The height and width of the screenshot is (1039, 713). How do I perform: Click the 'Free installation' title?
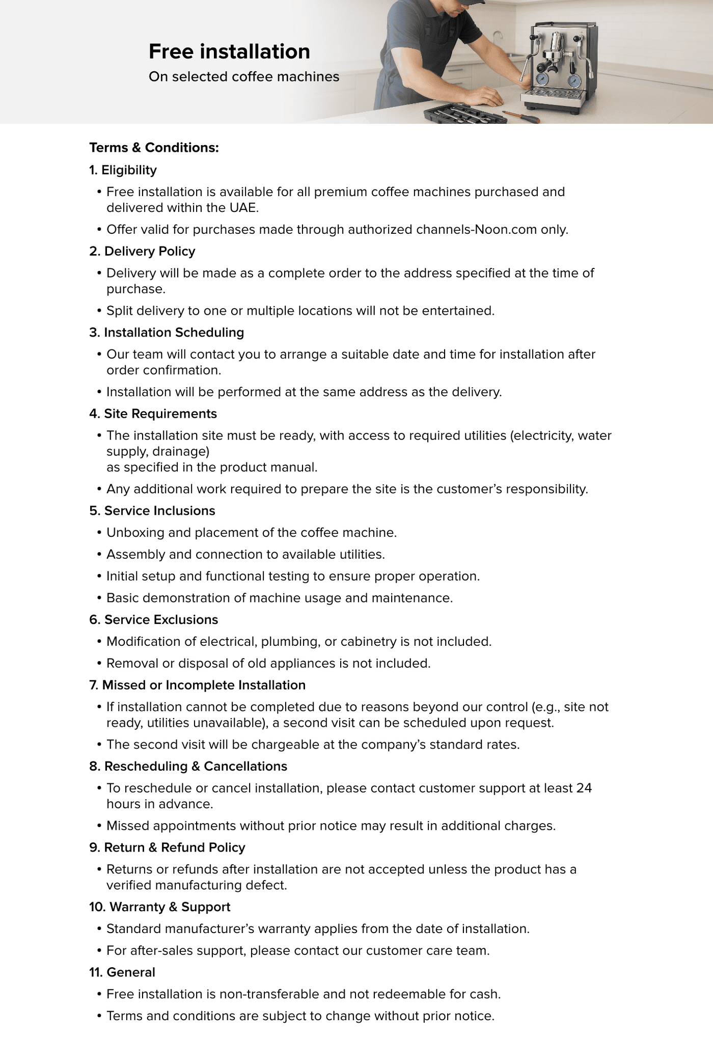pos(229,51)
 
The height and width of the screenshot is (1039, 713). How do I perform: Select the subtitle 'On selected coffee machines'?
pos(244,76)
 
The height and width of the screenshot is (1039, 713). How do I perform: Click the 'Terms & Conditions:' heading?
pos(154,148)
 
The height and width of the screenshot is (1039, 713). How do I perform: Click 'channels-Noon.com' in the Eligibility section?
pos(477,230)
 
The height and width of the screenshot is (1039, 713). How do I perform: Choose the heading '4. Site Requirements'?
pos(153,414)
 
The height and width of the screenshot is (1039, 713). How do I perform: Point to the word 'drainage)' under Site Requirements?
pos(181,452)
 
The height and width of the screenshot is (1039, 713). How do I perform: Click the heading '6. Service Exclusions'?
pos(153,620)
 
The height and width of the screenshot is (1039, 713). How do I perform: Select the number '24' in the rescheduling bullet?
pos(584,788)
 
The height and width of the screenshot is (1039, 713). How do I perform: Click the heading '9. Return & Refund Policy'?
pos(167,847)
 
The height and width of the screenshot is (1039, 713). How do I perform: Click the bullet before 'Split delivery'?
pos(99,311)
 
